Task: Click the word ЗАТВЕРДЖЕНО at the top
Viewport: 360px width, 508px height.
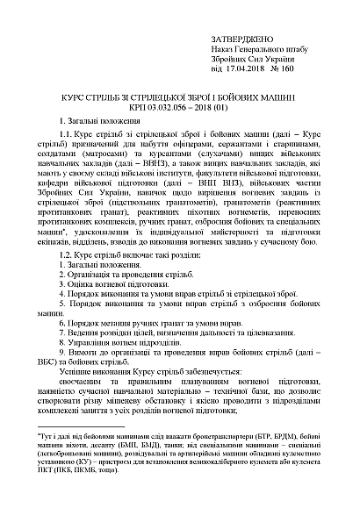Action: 241,41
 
